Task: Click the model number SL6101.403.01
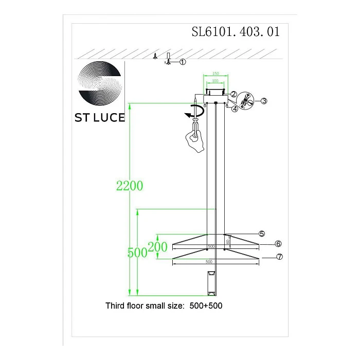tap(236, 32)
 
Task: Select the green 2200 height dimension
tap(130, 186)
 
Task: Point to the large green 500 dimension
tap(138, 253)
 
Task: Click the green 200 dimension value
tap(158, 247)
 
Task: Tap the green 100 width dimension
tap(215, 81)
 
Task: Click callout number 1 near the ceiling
tap(183, 62)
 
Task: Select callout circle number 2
tap(233, 94)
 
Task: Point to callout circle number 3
tap(263, 101)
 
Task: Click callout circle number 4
tap(235, 109)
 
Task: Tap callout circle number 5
tap(261, 233)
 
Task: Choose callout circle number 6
tap(278, 244)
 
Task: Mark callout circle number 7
tap(279, 257)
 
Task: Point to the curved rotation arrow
tap(194, 112)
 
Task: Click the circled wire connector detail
tap(247, 99)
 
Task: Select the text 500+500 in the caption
tap(205, 305)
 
